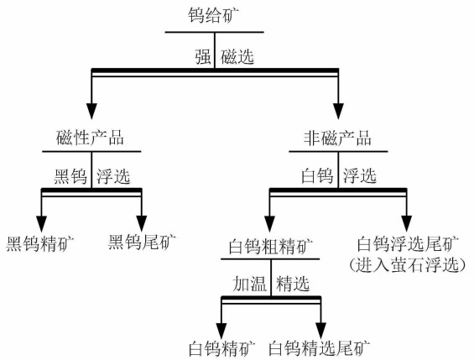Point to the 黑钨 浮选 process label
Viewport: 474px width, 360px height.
92,177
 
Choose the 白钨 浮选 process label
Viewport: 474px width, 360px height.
338,177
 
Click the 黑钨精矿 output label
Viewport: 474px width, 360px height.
40,244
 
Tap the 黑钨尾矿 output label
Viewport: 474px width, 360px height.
142,244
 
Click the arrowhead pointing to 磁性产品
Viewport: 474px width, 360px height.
92,110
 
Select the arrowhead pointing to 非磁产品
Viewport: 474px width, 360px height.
338,110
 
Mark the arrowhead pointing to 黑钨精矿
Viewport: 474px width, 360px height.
40,219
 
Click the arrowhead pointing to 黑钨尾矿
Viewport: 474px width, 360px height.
142,219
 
